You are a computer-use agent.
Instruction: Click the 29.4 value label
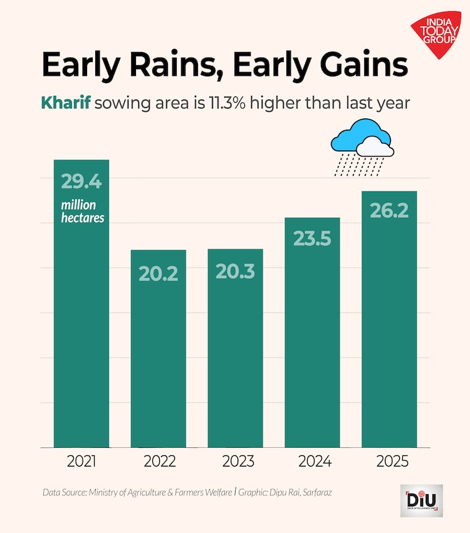(x=81, y=182)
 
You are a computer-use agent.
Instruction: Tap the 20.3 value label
(x=235, y=271)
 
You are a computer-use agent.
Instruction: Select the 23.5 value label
(x=312, y=239)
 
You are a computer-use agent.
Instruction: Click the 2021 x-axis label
(x=81, y=462)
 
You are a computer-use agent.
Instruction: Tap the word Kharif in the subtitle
(x=66, y=103)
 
